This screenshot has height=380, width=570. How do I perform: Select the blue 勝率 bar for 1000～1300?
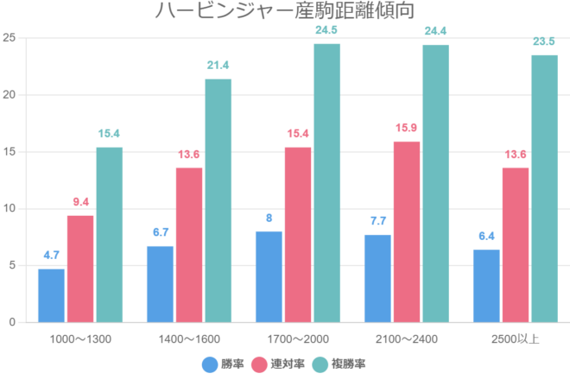click(51, 295)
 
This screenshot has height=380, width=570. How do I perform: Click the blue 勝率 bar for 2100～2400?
click(377, 278)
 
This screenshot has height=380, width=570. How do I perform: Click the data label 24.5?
click(326, 31)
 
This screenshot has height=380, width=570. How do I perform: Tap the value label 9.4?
click(80, 202)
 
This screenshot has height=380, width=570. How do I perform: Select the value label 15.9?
click(407, 129)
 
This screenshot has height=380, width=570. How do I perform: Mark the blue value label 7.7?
click(377, 222)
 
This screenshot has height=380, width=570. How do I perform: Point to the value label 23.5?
click(544, 42)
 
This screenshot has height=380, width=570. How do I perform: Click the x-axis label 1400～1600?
click(189, 338)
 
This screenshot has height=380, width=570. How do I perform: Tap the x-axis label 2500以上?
click(516, 338)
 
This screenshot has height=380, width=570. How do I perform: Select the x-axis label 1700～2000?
click(298, 338)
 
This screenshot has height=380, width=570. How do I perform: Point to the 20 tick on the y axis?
click(9, 95)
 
